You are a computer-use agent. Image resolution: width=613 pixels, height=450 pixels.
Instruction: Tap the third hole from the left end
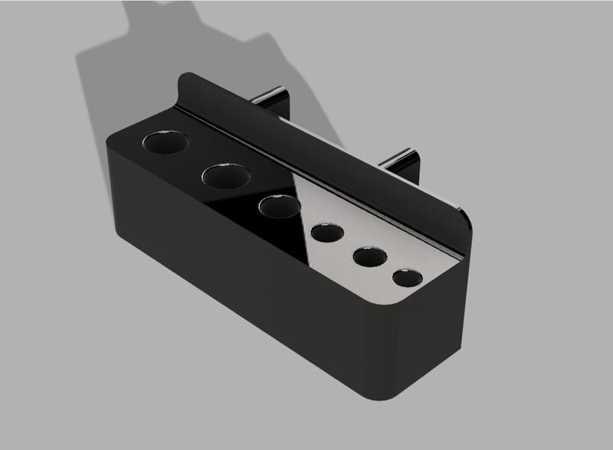pyautogui.click(x=278, y=207)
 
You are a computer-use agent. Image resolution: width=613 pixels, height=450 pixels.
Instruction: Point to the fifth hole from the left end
pyautogui.click(x=370, y=256)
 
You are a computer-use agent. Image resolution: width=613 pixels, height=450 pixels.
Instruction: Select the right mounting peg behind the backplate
pyautogui.click(x=406, y=157)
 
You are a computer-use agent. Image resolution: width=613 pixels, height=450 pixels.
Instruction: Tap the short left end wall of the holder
pyautogui.click(x=113, y=184)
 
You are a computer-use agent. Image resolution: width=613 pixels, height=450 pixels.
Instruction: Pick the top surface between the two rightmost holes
pyautogui.click(x=390, y=268)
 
